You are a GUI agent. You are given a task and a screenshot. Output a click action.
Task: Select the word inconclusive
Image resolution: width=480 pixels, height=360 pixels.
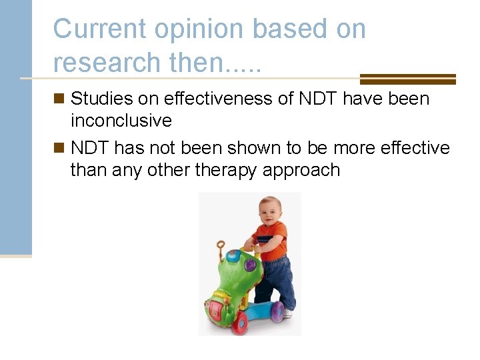(121, 121)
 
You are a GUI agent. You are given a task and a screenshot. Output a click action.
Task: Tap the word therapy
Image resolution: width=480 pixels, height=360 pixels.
(227, 171)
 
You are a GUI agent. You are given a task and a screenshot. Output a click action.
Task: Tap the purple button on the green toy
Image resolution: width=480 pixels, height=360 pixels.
(250, 265)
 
